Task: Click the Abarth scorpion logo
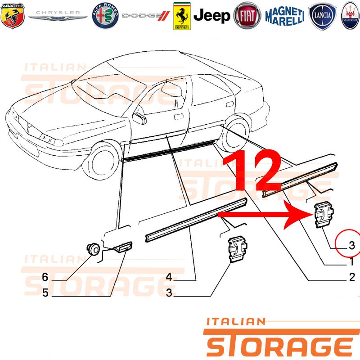13,16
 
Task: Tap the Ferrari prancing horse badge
182,16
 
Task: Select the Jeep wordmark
211,16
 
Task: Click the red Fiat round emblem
247,16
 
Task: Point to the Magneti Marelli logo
285,16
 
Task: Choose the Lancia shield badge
322,16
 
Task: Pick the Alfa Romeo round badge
105,16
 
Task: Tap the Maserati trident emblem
351,16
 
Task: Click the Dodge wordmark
146,16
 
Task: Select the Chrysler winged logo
58,16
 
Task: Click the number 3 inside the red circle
352,245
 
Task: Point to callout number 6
45,277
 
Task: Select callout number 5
45,293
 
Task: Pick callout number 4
169,277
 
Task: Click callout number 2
352,277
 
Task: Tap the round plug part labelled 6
93,249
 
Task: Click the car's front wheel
102,160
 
